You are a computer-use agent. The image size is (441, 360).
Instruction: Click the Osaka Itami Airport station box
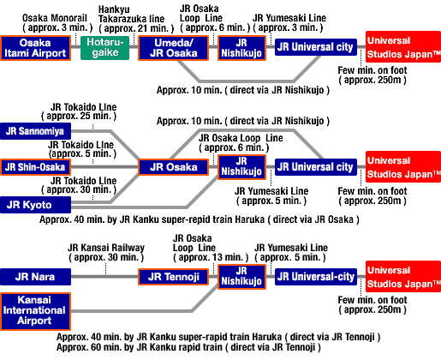click(35, 48)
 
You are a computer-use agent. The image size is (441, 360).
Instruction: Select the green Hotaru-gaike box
click(104, 48)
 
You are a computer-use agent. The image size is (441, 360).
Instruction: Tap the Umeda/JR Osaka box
click(174, 48)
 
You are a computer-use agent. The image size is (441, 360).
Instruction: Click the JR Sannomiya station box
click(35, 131)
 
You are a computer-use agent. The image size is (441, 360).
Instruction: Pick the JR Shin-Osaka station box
click(35, 167)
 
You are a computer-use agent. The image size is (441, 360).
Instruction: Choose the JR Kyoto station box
click(35, 205)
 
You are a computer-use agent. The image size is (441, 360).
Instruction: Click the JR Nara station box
click(35, 277)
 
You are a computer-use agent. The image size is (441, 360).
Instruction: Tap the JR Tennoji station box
click(174, 277)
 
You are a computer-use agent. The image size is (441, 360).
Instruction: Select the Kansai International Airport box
click(35, 311)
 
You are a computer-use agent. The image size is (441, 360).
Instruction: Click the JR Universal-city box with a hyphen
click(316, 277)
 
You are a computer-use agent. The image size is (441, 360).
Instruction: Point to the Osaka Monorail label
click(55, 18)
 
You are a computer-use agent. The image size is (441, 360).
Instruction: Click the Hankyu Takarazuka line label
click(131, 14)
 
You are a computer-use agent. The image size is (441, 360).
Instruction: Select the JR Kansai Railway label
click(106, 248)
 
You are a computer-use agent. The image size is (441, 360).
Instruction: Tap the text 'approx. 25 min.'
click(79, 117)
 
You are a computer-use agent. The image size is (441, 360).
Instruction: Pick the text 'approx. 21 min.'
click(136, 28)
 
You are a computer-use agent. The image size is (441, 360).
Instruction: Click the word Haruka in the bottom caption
click(267, 337)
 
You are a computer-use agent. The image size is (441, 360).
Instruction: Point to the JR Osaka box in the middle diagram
click(174, 167)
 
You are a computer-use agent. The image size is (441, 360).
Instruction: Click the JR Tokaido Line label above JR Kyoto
click(84, 181)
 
